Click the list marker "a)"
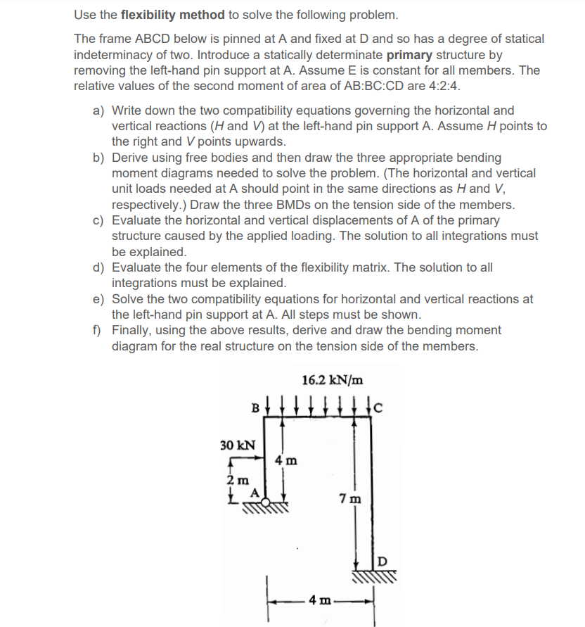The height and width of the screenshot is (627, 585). click(99, 110)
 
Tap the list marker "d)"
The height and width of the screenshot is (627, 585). click(99, 267)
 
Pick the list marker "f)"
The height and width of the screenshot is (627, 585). click(98, 330)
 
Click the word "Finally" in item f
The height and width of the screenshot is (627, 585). click(133, 330)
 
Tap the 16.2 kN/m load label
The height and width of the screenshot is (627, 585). click(333, 381)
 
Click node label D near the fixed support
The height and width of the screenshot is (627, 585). click(382, 560)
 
